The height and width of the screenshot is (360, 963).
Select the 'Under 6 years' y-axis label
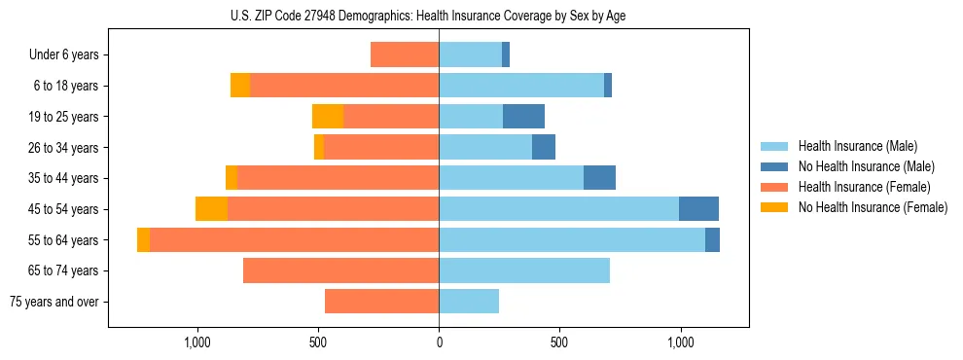[x=64, y=55]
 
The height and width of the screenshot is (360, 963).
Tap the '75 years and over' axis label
[x=54, y=302]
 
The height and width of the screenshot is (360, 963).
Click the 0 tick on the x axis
[x=439, y=342]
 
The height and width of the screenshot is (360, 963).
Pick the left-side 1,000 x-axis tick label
[x=197, y=342]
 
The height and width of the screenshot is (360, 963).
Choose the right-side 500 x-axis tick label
[x=559, y=342]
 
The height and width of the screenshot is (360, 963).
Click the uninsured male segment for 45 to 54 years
[x=698, y=208]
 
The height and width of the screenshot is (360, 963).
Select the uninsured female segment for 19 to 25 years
[x=328, y=117]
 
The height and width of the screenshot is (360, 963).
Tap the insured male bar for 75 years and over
[x=469, y=302]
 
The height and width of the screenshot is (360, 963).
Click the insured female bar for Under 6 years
[x=405, y=55]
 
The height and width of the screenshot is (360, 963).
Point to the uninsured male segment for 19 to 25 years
[x=523, y=117]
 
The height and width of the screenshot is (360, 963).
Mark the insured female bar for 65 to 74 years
[x=340, y=270]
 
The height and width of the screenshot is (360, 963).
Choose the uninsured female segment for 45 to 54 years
[x=211, y=208]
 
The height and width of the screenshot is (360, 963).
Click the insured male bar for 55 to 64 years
[x=572, y=239]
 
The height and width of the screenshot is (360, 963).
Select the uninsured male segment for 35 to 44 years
[x=599, y=178]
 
